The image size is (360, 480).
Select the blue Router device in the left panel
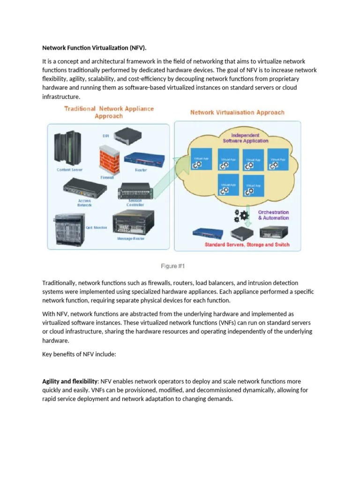[x=141, y=158]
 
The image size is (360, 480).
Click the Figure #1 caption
[x=173, y=266]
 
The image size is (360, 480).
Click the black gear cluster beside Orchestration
[x=243, y=215]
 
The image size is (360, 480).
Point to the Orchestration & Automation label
[x=273, y=215]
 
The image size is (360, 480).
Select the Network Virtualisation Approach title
[x=237, y=112]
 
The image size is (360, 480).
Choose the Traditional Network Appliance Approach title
[x=109, y=112]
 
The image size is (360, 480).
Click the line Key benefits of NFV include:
[x=79, y=355]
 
